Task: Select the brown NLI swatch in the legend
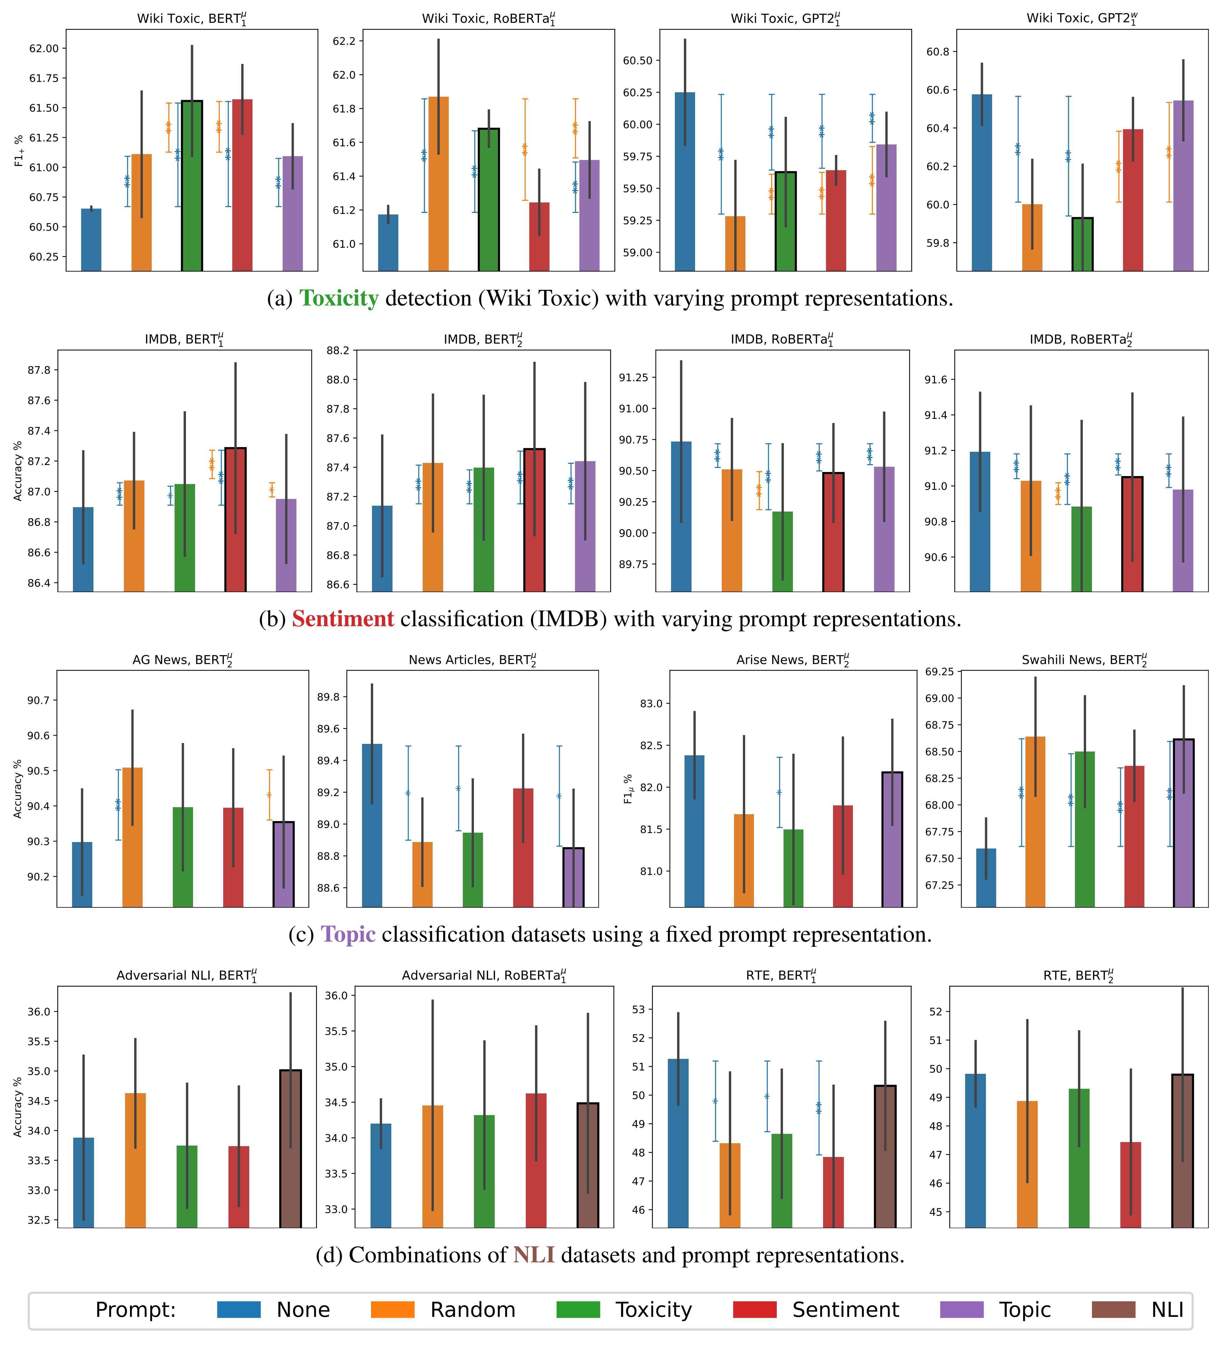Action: click(x=1113, y=1310)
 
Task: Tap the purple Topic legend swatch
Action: click(x=962, y=1310)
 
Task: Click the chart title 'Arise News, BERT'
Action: click(x=792, y=660)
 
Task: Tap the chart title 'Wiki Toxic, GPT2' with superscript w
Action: click(x=1082, y=18)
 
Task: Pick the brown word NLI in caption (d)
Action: click(x=534, y=1255)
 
